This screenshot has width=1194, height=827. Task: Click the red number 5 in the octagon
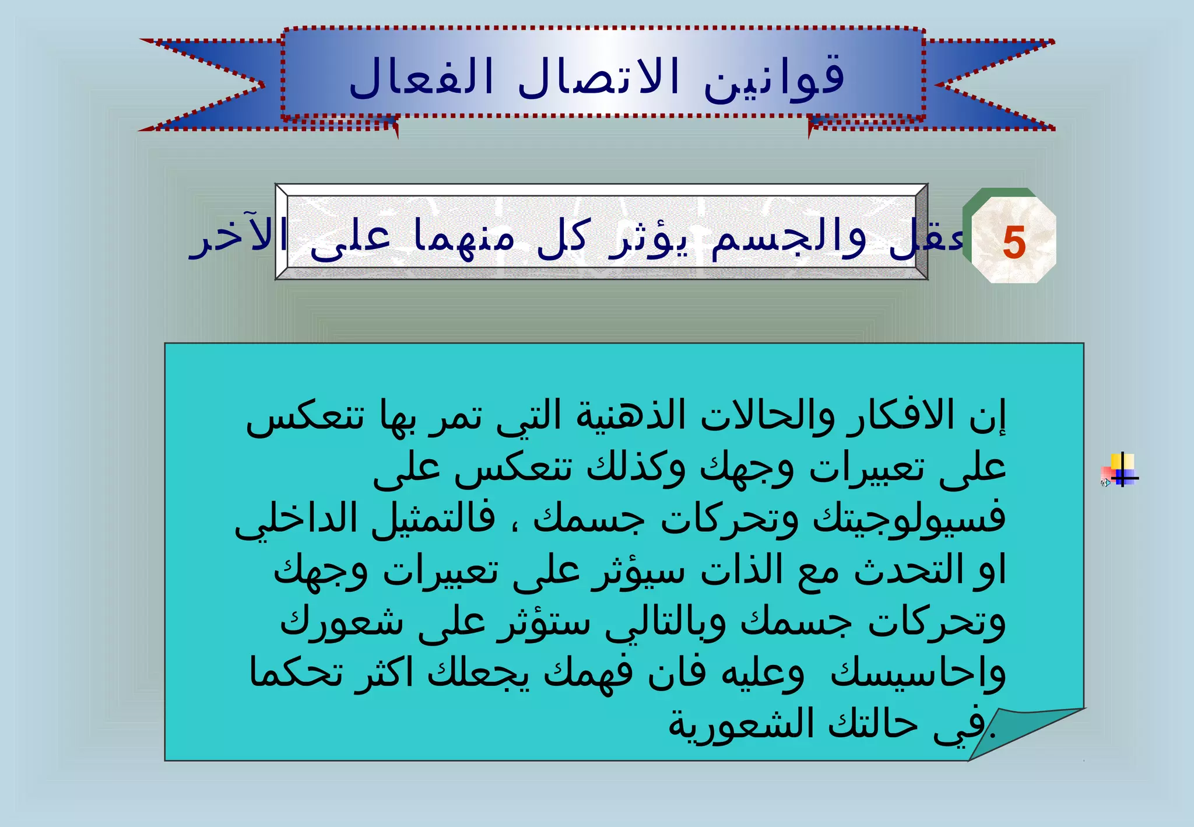pyautogui.click(x=1014, y=243)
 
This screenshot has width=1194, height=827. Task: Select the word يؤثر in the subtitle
pyautogui.click(x=648, y=239)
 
